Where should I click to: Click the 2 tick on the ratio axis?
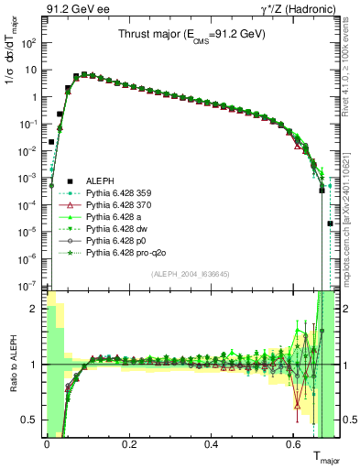34,309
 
